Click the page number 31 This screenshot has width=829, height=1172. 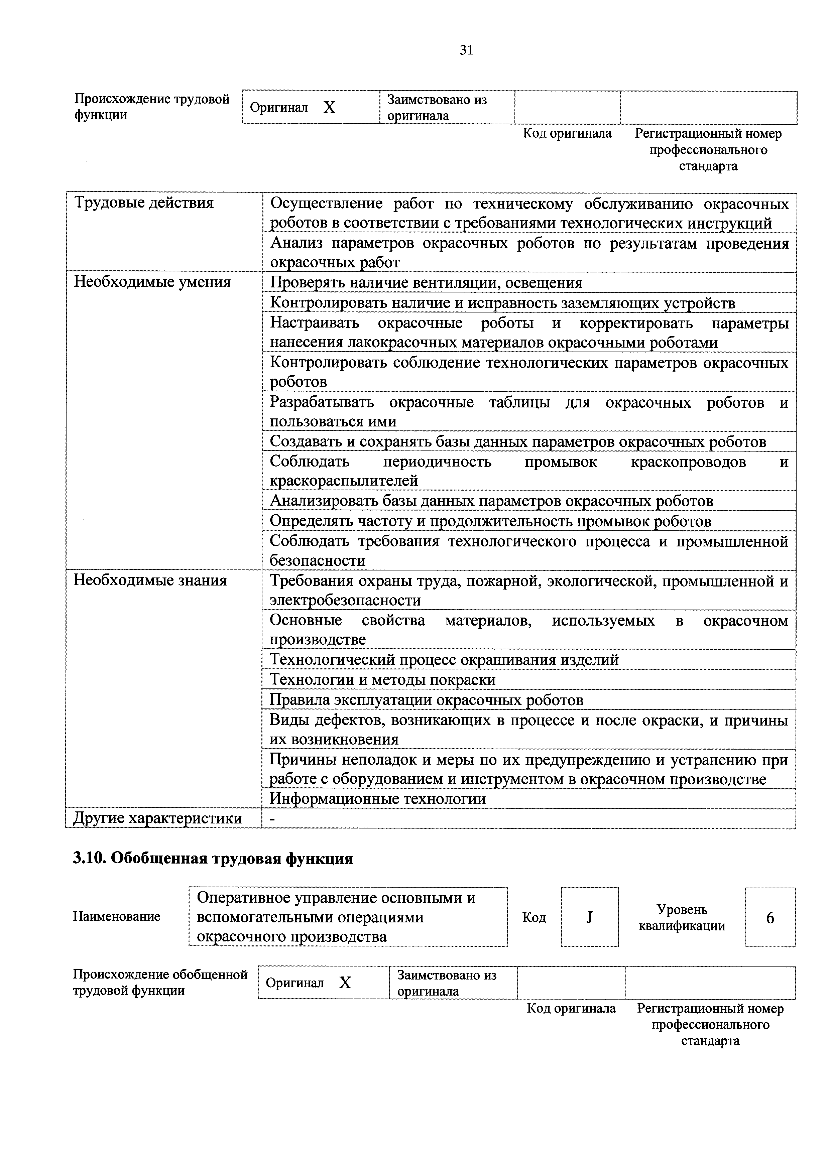click(x=466, y=50)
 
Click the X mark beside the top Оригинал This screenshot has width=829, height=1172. click(x=330, y=108)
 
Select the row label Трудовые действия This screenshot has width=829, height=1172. click(x=144, y=203)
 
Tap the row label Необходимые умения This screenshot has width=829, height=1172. click(x=152, y=282)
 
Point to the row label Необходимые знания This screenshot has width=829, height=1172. click(x=150, y=580)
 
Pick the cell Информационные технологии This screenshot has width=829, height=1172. click(x=377, y=799)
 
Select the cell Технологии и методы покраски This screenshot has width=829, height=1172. click(x=382, y=680)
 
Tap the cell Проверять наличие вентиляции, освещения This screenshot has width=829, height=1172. click(x=426, y=283)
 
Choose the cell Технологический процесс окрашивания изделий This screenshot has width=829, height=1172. click(x=444, y=660)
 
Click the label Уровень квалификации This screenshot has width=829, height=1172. click(x=682, y=918)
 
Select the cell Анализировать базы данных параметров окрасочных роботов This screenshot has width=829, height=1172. click(x=491, y=501)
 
